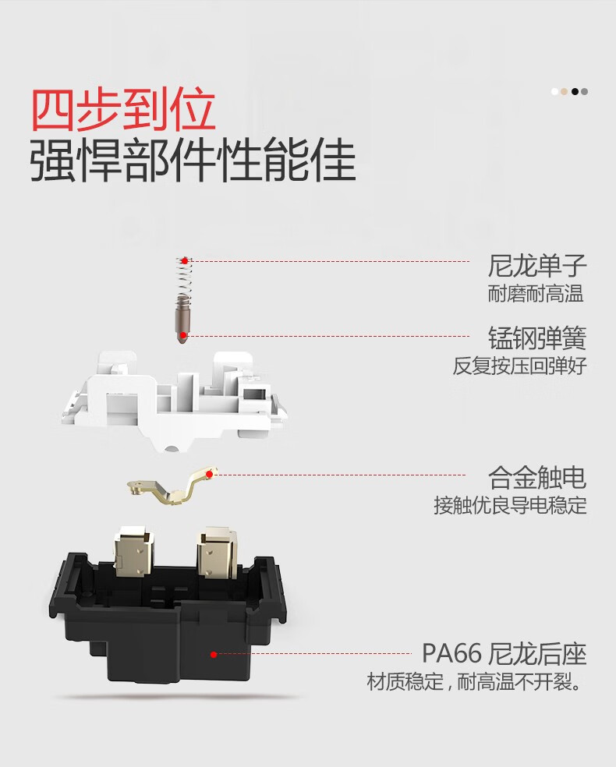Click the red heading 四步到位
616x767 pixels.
point(123,111)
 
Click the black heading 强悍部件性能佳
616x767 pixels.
point(193,161)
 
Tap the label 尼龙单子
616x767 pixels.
point(537,267)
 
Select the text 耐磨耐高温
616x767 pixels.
point(536,295)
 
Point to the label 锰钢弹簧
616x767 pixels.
point(537,338)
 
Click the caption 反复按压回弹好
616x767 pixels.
point(519,366)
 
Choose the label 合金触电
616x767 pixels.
point(537,477)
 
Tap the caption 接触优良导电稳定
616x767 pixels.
point(510,505)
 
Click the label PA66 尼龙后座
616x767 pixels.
point(504,653)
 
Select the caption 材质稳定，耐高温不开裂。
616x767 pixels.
point(476,684)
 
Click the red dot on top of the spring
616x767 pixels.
point(185,260)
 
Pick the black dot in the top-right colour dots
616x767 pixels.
point(575,91)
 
